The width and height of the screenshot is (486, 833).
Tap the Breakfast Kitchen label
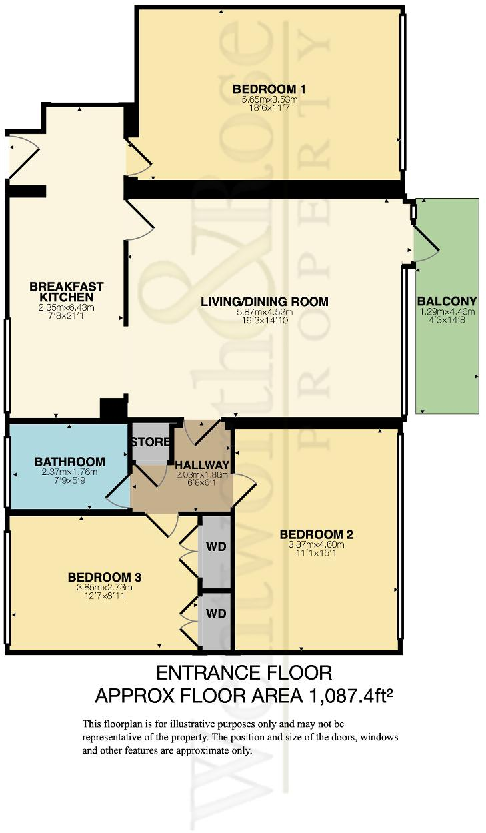(66, 291)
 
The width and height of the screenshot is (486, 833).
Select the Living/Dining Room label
(265, 302)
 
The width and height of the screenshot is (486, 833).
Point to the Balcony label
(446, 300)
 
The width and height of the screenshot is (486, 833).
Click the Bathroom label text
(69, 462)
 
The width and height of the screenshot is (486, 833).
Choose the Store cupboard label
(150, 442)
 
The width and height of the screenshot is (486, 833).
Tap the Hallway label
(202, 465)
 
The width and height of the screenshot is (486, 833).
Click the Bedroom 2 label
(316, 534)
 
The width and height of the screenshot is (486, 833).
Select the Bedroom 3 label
(104, 577)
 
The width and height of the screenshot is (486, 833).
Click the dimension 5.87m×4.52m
(265, 313)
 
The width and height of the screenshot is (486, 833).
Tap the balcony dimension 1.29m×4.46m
(446, 311)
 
